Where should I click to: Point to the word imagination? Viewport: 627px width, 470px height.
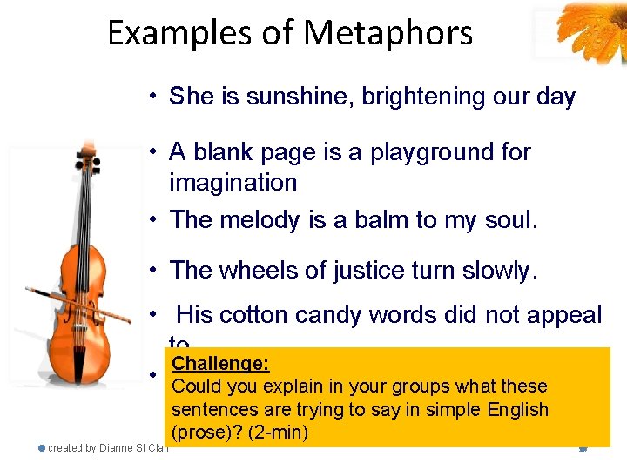(x=233, y=183)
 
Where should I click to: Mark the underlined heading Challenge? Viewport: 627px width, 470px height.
(x=220, y=364)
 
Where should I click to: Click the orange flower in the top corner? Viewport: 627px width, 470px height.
(x=592, y=26)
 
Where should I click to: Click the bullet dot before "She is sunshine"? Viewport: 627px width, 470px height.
(x=152, y=97)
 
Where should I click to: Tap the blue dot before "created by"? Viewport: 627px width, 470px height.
(x=42, y=448)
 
